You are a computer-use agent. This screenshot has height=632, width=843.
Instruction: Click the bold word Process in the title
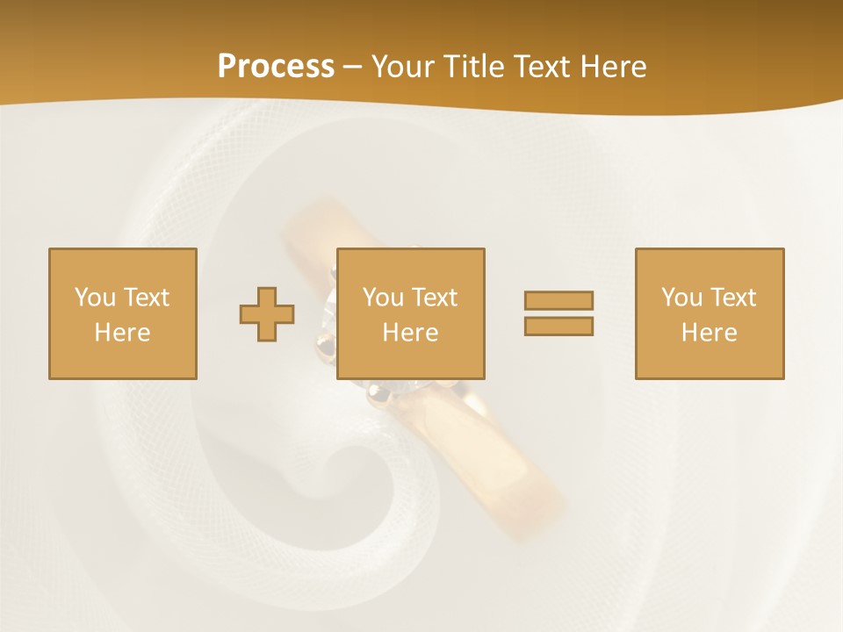pos(276,67)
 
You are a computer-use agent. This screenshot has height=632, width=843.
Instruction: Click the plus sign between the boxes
pos(267,313)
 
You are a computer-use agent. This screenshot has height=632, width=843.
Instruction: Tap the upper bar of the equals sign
pos(558,300)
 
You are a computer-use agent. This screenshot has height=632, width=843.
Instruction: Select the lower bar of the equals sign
pos(558,326)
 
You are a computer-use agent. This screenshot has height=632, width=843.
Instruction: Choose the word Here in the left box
pos(122,333)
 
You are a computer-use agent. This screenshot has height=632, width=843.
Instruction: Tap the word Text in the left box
pos(146,298)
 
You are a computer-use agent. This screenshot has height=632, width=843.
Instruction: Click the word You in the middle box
pos(383,298)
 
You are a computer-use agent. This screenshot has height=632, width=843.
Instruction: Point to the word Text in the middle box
pos(434,298)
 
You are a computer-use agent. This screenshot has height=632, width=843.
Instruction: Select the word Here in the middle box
pos(410,333)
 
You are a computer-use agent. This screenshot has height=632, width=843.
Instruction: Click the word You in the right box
pos(681,298)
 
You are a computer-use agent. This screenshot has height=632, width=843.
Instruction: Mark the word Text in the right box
pos(732,298)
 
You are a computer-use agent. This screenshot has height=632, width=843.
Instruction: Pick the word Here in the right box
pos(709,333)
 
